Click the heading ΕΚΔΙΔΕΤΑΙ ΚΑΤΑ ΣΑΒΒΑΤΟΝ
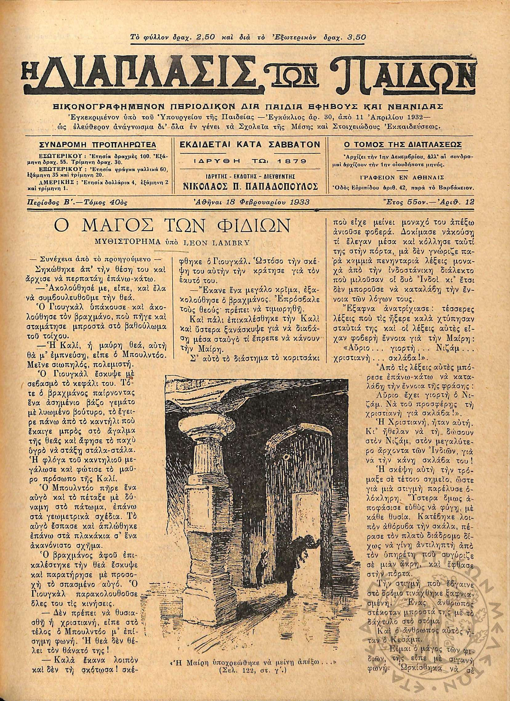pos(250,145)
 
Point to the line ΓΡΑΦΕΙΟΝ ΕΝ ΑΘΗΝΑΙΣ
pos(404,178)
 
